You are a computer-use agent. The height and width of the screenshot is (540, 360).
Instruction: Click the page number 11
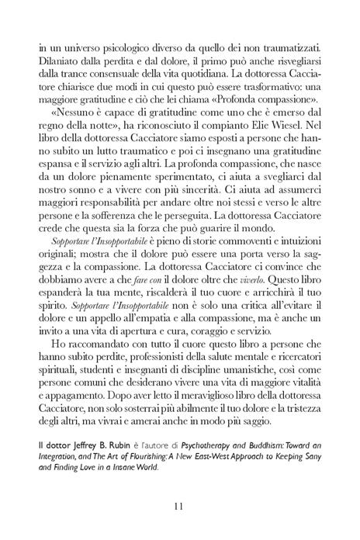click(179, 505)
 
